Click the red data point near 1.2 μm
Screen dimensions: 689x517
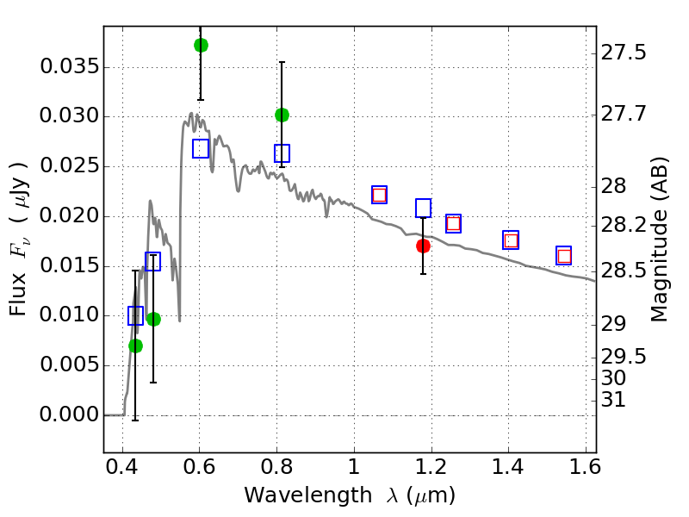[x=423, y=246]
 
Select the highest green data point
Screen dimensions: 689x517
[x=201, y=45]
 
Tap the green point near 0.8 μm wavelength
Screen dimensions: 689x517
[x=282, y=115]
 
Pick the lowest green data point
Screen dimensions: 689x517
[x=136, y=346]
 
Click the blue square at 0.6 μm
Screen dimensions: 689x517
[x=201, y=149]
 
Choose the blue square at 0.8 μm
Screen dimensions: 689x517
[x=282, y=153]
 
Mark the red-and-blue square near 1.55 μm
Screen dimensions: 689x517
[x=564, y=255]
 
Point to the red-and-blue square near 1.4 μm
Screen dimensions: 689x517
[x=511, y=240]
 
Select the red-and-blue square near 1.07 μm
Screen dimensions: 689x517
[x=379, y=195]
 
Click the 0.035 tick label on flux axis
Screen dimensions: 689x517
[x=70, y=67]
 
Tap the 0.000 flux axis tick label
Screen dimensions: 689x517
[x=70, y=414]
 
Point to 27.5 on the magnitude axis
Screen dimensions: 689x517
[x=623, y=53]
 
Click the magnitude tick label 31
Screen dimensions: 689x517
[x=612, y=400]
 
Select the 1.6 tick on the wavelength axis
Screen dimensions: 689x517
[x=585, y=466]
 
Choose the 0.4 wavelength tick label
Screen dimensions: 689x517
[x=121, y=466]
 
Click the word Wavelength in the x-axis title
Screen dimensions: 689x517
[x=308, y=495]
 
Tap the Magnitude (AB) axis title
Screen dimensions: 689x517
[x=658, y=240]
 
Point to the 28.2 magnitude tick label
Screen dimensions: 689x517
[x=623, y=226]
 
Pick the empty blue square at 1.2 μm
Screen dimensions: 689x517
[x=423, y=208]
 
